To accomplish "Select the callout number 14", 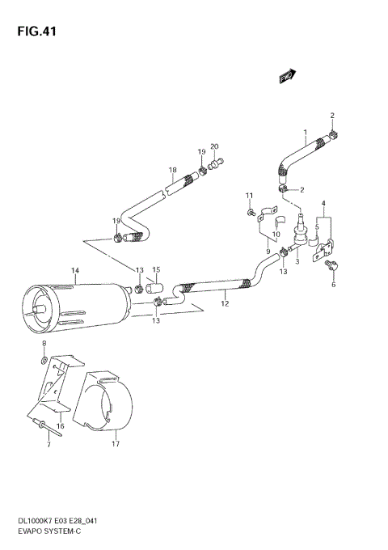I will pos(74,269).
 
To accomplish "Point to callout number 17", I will pos(116,444).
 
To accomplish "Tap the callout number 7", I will pos(48,446).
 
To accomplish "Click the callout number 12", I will pos(225,303).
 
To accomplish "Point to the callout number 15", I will pos(157,269).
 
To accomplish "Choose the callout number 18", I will pos(172,170).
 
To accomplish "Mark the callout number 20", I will pos(214,146).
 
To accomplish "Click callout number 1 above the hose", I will pos(306,132).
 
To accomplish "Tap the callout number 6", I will pos(331,285).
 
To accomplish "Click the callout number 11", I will pos(250,196).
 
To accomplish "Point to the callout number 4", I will pos(323,203).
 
